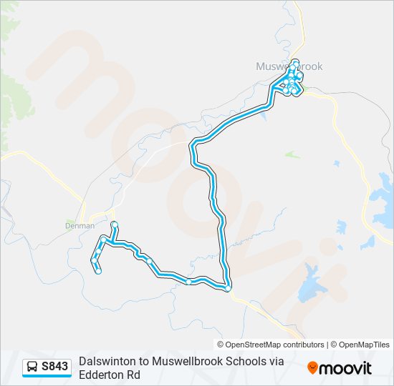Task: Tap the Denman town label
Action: pos(80,225)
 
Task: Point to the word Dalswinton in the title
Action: pos(106,362)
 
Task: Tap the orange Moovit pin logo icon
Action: pos(312,367)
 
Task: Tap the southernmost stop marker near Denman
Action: pos(98,271)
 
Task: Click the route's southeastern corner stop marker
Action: pos(227,289)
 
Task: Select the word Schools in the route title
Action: pos(247,362)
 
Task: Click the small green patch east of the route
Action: pos(291,154)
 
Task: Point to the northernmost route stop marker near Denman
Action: pos(114,225)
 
